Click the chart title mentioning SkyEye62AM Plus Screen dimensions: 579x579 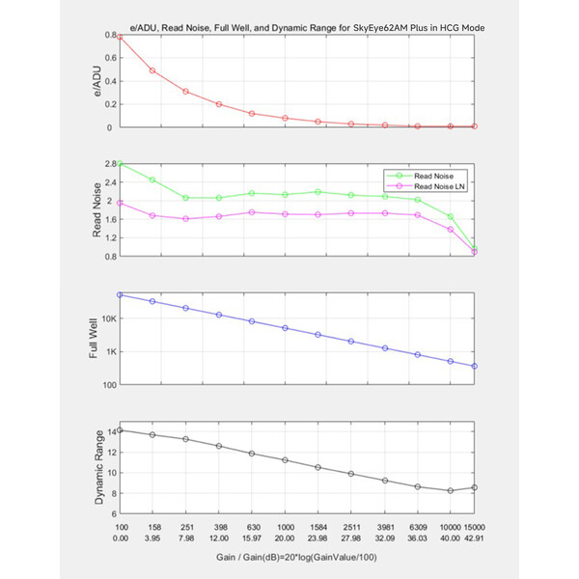307,28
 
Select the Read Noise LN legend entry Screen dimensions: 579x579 425,186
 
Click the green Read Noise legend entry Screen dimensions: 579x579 420,177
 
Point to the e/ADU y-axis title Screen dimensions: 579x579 96,81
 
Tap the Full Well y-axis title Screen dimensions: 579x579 94,339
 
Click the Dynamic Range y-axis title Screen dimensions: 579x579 99,467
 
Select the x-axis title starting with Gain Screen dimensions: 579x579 296,557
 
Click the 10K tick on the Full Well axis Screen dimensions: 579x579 109,318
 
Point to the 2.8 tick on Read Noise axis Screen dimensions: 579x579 111,164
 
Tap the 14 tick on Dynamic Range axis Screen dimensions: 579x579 112,431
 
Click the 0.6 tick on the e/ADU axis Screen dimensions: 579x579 110,58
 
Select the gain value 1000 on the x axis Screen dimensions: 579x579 286,527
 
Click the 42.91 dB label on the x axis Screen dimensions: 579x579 474,538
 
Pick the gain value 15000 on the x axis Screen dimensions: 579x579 474,527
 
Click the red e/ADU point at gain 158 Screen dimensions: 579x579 152,70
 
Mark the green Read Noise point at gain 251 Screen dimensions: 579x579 185,198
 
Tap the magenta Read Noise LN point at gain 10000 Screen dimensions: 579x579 450,230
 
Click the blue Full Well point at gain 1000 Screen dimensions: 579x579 285,328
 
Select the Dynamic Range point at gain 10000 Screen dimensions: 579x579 450,491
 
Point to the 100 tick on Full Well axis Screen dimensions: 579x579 110,385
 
